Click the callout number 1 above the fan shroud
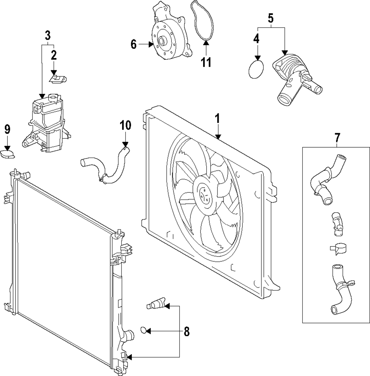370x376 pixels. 217,119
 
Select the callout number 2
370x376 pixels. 54,55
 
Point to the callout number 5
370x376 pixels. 270,18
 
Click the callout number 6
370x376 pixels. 133,44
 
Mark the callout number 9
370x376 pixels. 7,130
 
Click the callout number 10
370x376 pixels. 126,125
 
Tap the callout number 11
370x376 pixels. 206,62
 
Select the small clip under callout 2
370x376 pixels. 58,78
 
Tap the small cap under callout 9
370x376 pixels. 7,154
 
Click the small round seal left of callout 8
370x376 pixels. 143,330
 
